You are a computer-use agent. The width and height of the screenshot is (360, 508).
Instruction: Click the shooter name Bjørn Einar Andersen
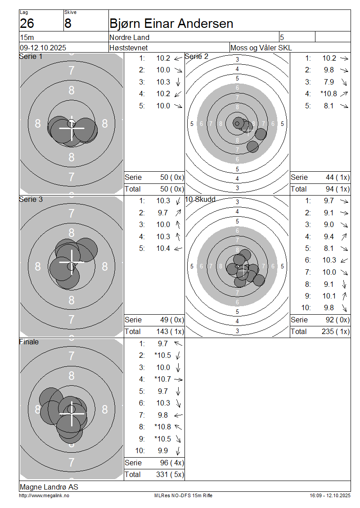point(171,24)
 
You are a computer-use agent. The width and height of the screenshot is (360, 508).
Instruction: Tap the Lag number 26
point(27,24)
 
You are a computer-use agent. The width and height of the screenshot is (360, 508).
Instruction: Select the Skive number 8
point(68,24)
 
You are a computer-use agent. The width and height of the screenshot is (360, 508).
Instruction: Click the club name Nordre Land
point(130,37)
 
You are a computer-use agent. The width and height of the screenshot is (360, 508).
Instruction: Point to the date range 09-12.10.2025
point(43,48)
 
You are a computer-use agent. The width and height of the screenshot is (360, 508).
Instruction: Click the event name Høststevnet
point(128,48)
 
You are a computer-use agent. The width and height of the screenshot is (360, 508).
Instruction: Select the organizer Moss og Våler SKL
point(261,48)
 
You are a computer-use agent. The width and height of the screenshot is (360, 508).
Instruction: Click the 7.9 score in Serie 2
point(329,82)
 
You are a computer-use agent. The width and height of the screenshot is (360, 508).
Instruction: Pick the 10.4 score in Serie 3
point(163,249)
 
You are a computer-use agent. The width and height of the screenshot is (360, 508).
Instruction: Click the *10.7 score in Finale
point(162,379)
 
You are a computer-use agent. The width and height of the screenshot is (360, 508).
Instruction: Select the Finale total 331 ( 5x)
point(170,475)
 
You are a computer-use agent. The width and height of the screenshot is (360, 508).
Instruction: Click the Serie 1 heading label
point(31,56)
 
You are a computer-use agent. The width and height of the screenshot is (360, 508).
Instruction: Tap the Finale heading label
point(29,342)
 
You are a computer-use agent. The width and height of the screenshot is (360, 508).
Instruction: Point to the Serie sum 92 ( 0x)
point(337,320)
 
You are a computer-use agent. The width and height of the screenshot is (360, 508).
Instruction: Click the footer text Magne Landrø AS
point(49,487)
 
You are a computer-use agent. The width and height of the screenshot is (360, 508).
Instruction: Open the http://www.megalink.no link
point(44,496)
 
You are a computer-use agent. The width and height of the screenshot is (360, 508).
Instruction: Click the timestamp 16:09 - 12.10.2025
point(330,496)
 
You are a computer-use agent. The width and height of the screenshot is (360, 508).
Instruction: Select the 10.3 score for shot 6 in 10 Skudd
point(329,260)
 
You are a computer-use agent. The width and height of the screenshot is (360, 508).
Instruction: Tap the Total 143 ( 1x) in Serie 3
point(170,332)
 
